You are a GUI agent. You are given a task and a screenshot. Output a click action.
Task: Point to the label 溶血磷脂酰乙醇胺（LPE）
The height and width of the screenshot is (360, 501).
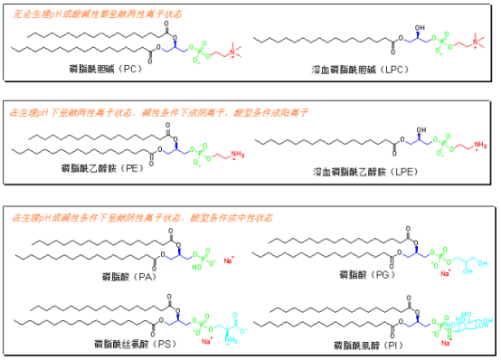point(355,172)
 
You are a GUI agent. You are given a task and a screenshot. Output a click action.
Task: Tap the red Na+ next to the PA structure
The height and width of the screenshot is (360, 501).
point(228,262)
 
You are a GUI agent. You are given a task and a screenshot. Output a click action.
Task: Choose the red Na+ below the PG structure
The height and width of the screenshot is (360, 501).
point(445,272)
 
